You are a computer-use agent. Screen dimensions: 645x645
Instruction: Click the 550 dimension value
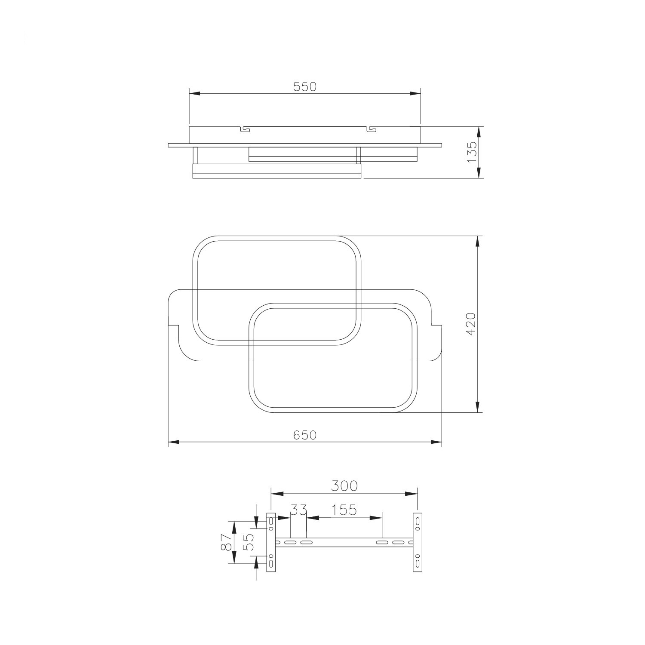click(x=305, y=86)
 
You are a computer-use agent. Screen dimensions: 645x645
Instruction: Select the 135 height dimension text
click(x=472, y=152)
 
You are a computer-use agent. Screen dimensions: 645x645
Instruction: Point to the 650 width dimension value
click(x=305, y=435)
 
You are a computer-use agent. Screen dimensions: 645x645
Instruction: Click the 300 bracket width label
click(x=344, y=486)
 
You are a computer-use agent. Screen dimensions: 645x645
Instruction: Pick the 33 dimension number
click(x=299, y=510)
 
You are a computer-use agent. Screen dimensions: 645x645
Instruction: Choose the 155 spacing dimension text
click(x=345, y=510)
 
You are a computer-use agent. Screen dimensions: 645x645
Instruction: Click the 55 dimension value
click(x=249, y=542)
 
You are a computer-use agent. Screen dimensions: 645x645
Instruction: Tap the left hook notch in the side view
click(x=244, y=129)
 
